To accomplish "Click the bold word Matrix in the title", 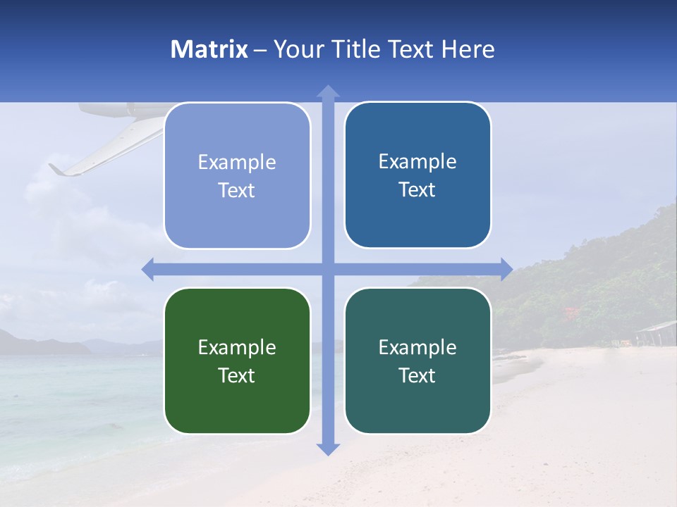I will tap(209, 49).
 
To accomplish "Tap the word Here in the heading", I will tap(468, 49).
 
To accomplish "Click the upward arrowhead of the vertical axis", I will tap(328, 91).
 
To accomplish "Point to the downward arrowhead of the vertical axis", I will tap(328, 449).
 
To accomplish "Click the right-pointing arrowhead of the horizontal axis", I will tap(506, 269).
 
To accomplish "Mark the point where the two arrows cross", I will tap(328, 269).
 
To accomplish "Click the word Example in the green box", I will tap(237, 347).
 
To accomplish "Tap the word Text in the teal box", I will tap(417, 375).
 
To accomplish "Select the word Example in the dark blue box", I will tap(417, 161).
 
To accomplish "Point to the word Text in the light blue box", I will tap(237, 190).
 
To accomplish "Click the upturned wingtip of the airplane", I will tap(55, 168).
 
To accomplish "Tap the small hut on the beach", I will tap(655, 332).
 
